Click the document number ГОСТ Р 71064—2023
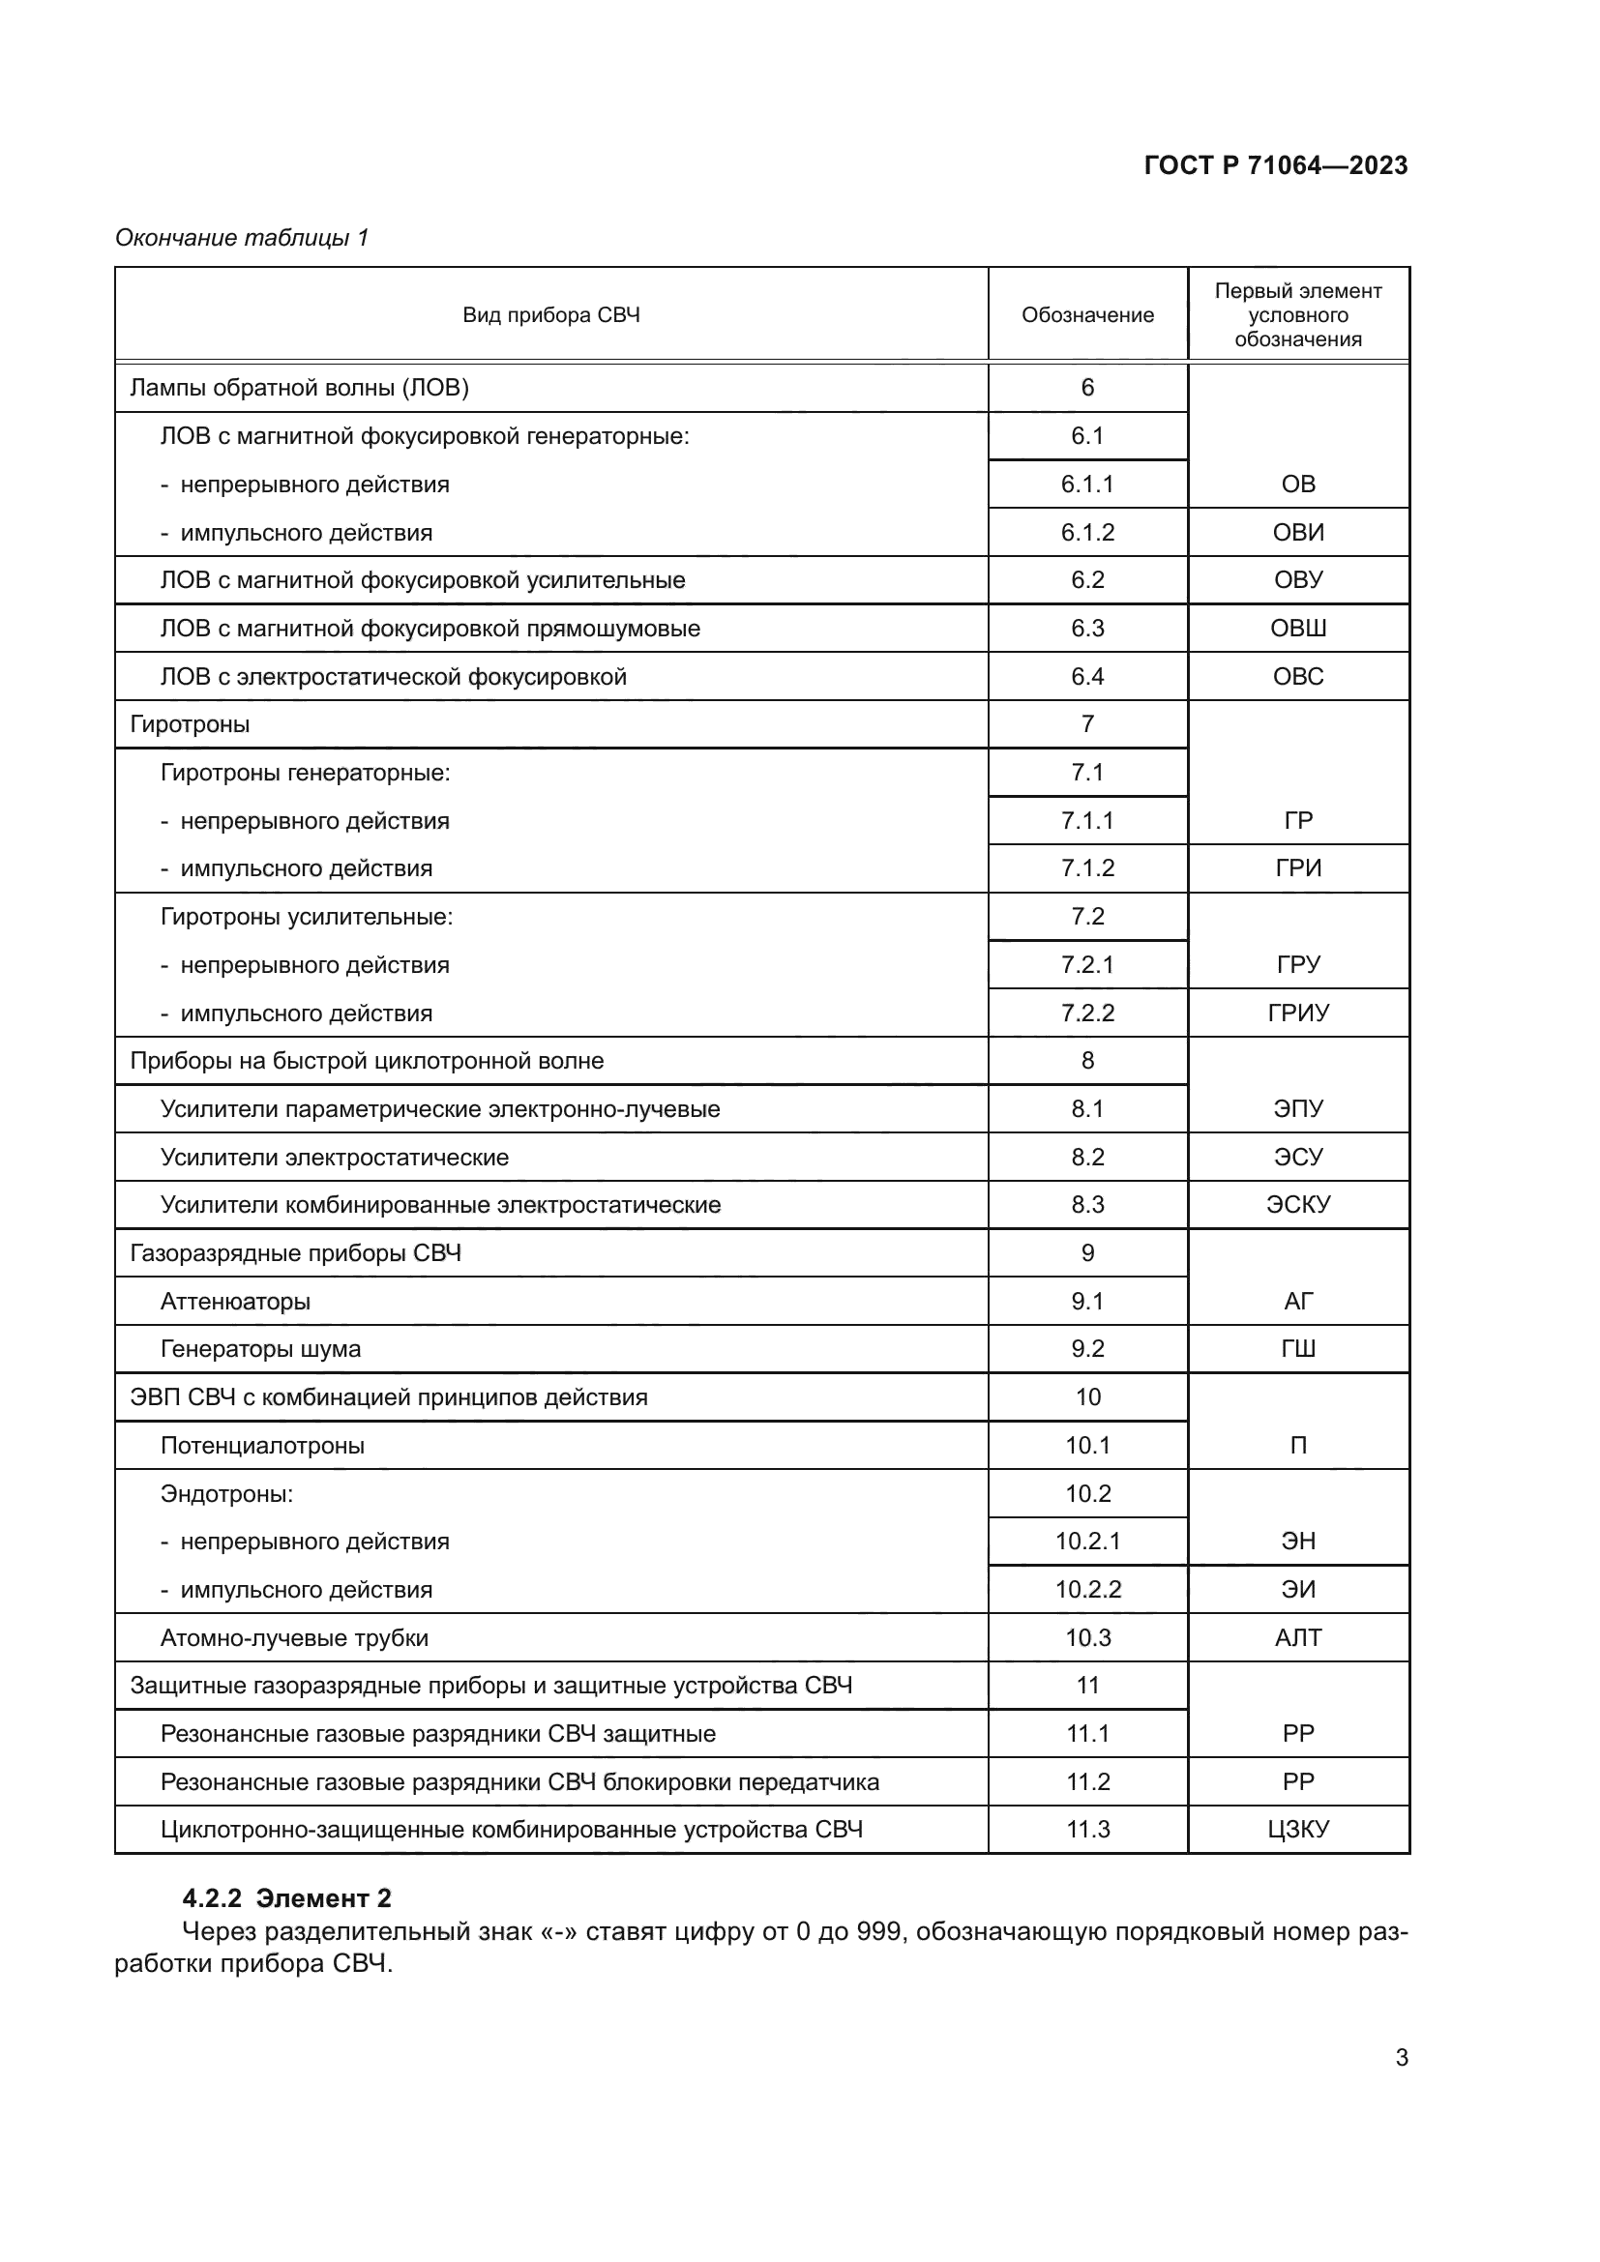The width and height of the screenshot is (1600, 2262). (x=1275, y=165)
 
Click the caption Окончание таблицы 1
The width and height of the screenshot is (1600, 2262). (x=242, y=238)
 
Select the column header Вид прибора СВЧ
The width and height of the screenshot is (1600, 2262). (x=550, y=315)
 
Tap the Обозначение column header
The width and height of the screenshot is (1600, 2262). (x=1086, y=315)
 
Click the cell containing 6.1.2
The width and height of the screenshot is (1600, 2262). (x=1086, y=533)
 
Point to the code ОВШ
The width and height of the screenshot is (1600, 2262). (x=1297, y=629)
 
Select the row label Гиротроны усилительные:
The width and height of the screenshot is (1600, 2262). (x=307, y=917)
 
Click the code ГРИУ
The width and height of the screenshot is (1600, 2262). (x=1297, y=1013)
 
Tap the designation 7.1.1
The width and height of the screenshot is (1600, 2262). (x=1086, y=821)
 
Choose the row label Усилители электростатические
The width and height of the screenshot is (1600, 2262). (x=334, y=1158)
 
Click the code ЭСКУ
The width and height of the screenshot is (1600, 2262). (x=1297, y=1205)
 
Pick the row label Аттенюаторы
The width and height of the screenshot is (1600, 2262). (x=234, y=1302)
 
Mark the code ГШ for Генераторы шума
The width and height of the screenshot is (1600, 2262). (x=1297, y=1349)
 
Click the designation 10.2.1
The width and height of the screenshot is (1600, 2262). (x=1086, y=1542)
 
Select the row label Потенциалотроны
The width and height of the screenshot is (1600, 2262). (x=262, y=1445)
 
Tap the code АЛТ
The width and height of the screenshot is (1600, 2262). (x=1297, y=1638)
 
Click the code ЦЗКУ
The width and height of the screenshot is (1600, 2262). (x=1297, y=1830)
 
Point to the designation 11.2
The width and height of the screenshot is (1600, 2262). (x=1086, y=1782)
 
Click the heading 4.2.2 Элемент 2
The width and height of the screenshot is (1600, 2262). (x=286, y=1898)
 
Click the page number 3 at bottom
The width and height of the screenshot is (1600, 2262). (x=1401, y=2058)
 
